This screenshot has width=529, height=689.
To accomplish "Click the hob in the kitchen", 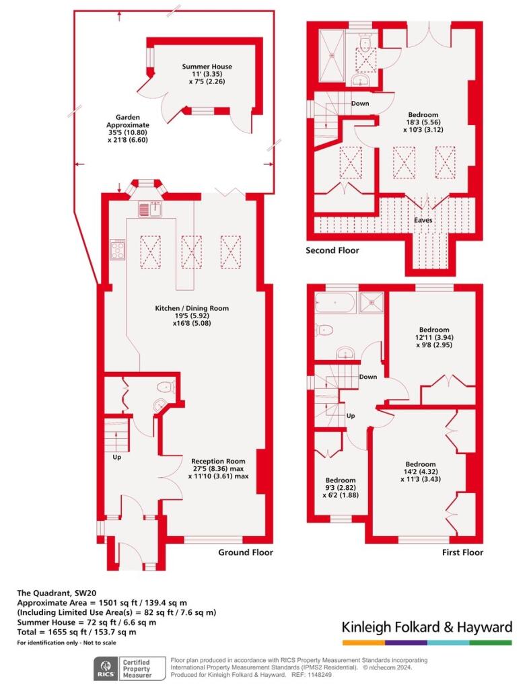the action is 117,250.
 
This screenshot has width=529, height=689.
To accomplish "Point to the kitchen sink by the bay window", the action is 150,209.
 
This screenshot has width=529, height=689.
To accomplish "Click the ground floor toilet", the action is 166,387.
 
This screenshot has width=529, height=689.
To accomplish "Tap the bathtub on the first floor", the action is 335,303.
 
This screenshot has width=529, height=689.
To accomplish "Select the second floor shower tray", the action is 332,55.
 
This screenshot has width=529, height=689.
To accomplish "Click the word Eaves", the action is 423,220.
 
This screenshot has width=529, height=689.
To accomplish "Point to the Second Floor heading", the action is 332,250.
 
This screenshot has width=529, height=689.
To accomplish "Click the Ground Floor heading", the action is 246,552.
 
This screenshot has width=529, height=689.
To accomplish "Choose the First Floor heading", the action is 462,552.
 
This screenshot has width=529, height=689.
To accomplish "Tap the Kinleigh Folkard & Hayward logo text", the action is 427,626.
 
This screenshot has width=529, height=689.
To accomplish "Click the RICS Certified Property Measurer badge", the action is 130,668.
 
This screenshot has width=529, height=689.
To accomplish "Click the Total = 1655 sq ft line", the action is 77,632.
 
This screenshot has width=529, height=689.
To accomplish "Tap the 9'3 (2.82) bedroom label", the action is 341,488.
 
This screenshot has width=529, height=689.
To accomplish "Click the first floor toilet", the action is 324,329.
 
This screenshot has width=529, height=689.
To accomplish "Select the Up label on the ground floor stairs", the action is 117,457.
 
